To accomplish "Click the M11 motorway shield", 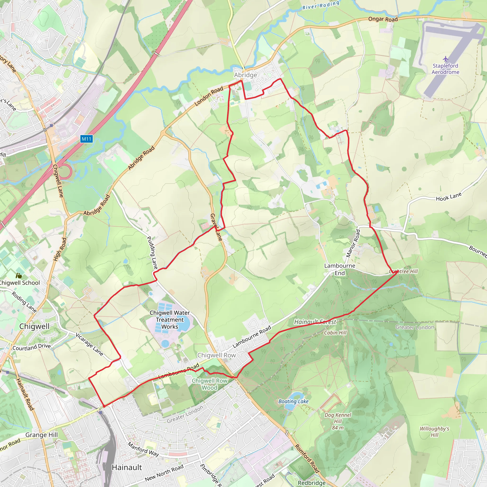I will (x=87, y=139).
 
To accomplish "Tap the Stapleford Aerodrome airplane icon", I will (x=446, y=59).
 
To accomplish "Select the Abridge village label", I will (x=245, y=75).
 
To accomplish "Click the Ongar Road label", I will (x=383, y=19).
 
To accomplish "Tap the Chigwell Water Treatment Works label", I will (x=170, y=320).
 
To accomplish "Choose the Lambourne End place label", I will (x=340, y=269).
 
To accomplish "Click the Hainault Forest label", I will (x=315, y=322).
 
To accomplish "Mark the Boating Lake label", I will (x=293, y=401).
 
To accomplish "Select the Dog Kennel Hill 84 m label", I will (x=337, y=421).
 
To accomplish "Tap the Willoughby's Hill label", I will (x=434, y=432).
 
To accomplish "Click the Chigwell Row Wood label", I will (x=209, y=384).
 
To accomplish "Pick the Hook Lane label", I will (x=449, y=197).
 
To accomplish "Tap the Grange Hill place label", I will (x=42, y=435).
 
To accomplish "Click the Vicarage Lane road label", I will (x=89, y=344).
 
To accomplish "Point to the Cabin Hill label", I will (x=335, y=333).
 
